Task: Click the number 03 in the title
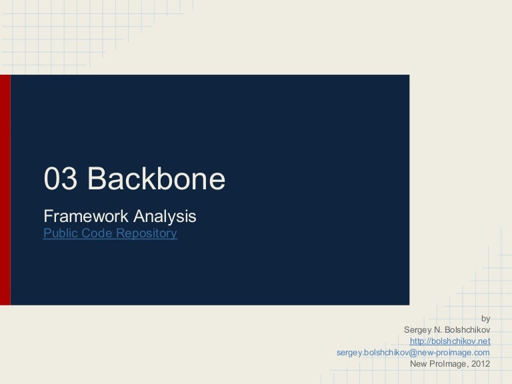pyautogui.click(x=60, y=179)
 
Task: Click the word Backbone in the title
pyautogui.click(x=156, y=179)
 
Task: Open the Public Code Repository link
pyautogui.click(x=110, y=233)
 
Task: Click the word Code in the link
pyautogui.click(x=97, y=233)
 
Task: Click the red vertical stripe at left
pyautogui.click(x=5, y=190)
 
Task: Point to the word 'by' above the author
pyautogui.click(x=485, y=319)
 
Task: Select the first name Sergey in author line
pyautogui.click(x=417, y=330)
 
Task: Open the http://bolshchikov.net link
pyautogui.click(x=450, y=341)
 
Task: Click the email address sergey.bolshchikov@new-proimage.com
pyautogui.click(x=413, y=352)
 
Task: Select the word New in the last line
pyautogui.click(x=418, y=363)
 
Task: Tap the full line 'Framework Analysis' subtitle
pyautogui.click(x=120, y=216)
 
